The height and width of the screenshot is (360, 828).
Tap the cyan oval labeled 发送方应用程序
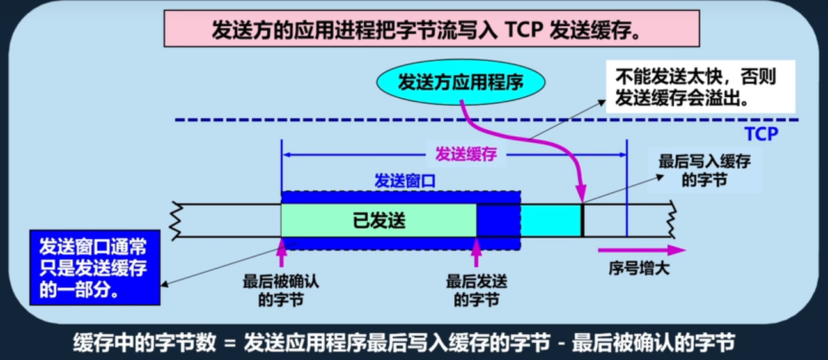[x=460, y=82]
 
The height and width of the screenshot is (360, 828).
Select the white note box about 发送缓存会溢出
[x=700, y=88]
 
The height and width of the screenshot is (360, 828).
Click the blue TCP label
[x=761, y=134]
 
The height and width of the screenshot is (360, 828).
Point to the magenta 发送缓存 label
[x=465, y=154]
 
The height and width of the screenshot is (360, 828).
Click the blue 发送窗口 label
[x=404, y=182]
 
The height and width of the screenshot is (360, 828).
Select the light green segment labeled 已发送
[x=379, y=221]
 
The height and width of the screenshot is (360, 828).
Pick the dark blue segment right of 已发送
[x=498, y=221]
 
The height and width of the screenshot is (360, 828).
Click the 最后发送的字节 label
[x=476, y=290]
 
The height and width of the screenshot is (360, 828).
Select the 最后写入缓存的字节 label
[x=704, y=171]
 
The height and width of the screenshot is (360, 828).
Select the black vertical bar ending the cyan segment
[x=582, y=221]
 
